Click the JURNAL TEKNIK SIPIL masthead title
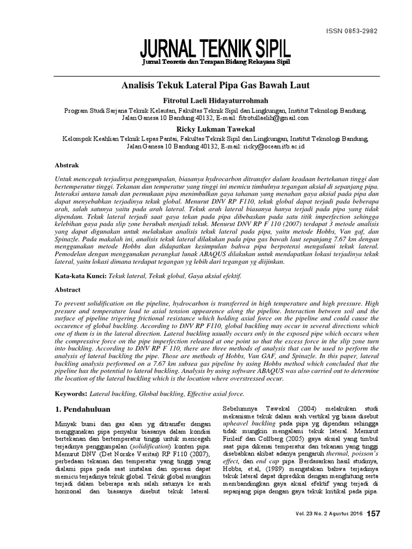(x=215, y=49)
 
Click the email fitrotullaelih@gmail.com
(x=274, y=117)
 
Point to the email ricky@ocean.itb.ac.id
(x=274, y=145)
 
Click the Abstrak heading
(x=67, y=165)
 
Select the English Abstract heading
(x=68, y=290)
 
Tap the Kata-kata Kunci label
(x=73, y=276)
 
